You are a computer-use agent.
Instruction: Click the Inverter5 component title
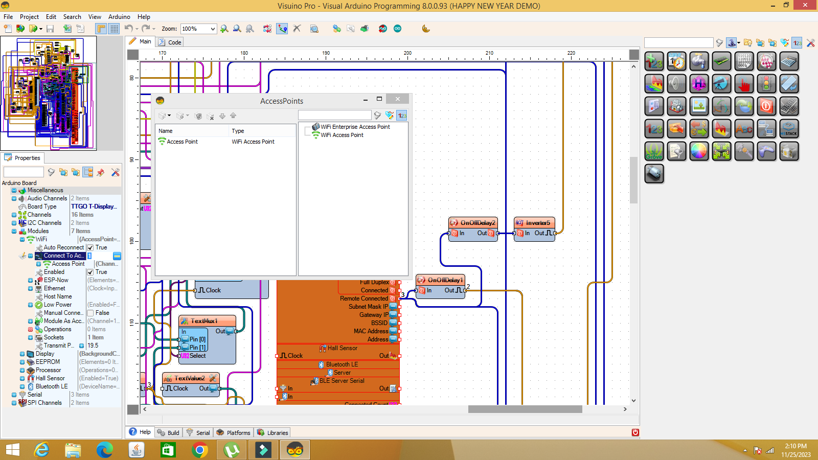pyautogui.click(x=537, y=223)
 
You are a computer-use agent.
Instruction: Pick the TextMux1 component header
pyautogui.click(x=204, y=321)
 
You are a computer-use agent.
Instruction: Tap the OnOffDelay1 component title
pyautogui.click(x=445, y=280)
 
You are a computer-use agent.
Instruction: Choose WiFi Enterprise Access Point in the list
pyautogui.click(x=355, y=127)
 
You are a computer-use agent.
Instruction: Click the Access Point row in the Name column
pyautogui.click(x=182, y=142)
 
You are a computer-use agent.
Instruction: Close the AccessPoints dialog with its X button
pyautogui.click(x=397, y=99)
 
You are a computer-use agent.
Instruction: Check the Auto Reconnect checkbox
pyautogui.click(x=90, y=247)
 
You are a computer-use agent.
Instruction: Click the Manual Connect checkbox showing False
pyautogui.click(x=90, y=313)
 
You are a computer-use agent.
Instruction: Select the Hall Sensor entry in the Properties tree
pyautogui.click(x=50, y=378)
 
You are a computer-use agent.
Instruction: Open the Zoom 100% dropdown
pyautogui.click(x=213, y=29)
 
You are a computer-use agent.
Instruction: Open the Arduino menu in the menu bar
pyautogui.click(x=119, y=17)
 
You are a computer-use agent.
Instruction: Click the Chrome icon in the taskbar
pyautogui.click(x=199, y=450)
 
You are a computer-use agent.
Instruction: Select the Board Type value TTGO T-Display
pyautogui.click(x=94, y=206)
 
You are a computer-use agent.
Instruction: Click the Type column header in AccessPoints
pyautogui.click(x=238, y=131)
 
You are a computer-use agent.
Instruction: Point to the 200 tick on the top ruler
pyautogui.click(x=407, y=53)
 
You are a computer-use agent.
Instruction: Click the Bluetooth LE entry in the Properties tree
pyautogui.click(x=52, y=386)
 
